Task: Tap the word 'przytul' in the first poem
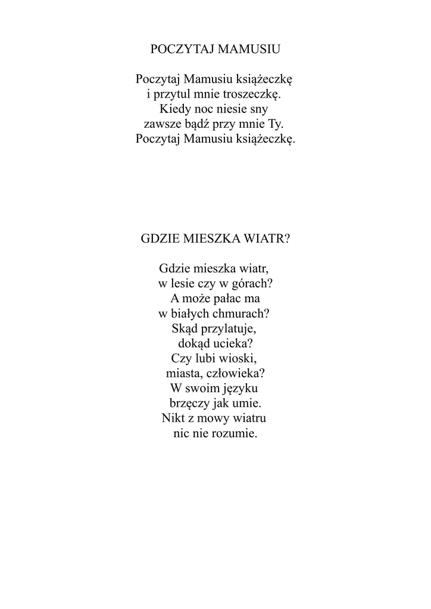coord(174,94)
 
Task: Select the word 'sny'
coord(261,109)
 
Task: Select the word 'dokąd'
coord(195,344)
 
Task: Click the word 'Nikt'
coord(174,418)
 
